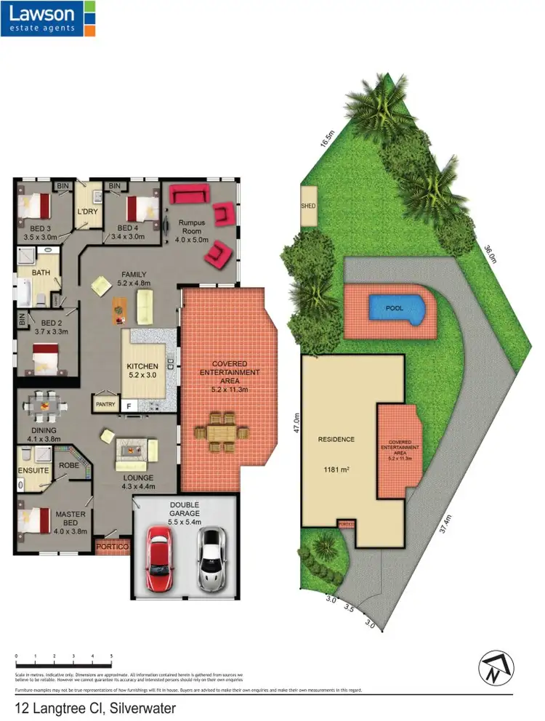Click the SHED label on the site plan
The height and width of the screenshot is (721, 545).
tap(308, 206)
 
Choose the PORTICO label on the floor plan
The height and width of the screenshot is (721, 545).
tap(113, 546)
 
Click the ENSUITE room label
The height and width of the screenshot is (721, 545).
tap(33, 470)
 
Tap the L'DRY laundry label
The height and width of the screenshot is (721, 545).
tap(87, 212)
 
